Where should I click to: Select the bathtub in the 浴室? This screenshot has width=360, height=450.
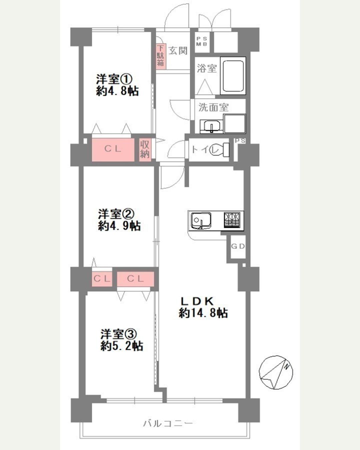click(233, 76)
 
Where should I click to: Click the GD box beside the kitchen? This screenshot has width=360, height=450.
click(238, 247)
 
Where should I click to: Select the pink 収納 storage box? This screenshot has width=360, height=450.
click(145, 149)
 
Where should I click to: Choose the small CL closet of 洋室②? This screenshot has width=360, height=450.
click(102, 279)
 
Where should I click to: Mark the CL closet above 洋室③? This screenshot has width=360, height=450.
click(135, 279)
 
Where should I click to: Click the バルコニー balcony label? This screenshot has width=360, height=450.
click(168, 422)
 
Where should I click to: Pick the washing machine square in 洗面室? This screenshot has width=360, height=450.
click(234, 123)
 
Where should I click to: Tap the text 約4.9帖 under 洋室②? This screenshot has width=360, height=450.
click(119, 226)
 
